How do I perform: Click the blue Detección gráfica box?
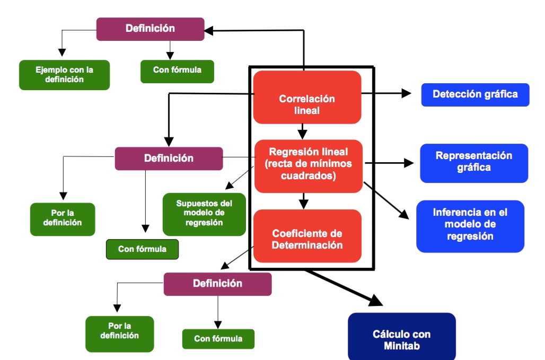[475, 95]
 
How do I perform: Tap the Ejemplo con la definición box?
[64, 75]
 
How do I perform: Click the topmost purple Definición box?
[150, 29]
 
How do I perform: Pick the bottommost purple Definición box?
[217, 284]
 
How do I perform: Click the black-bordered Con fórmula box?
[142, 249]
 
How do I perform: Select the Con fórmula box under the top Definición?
[177, 71]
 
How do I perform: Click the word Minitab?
[401, 346]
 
